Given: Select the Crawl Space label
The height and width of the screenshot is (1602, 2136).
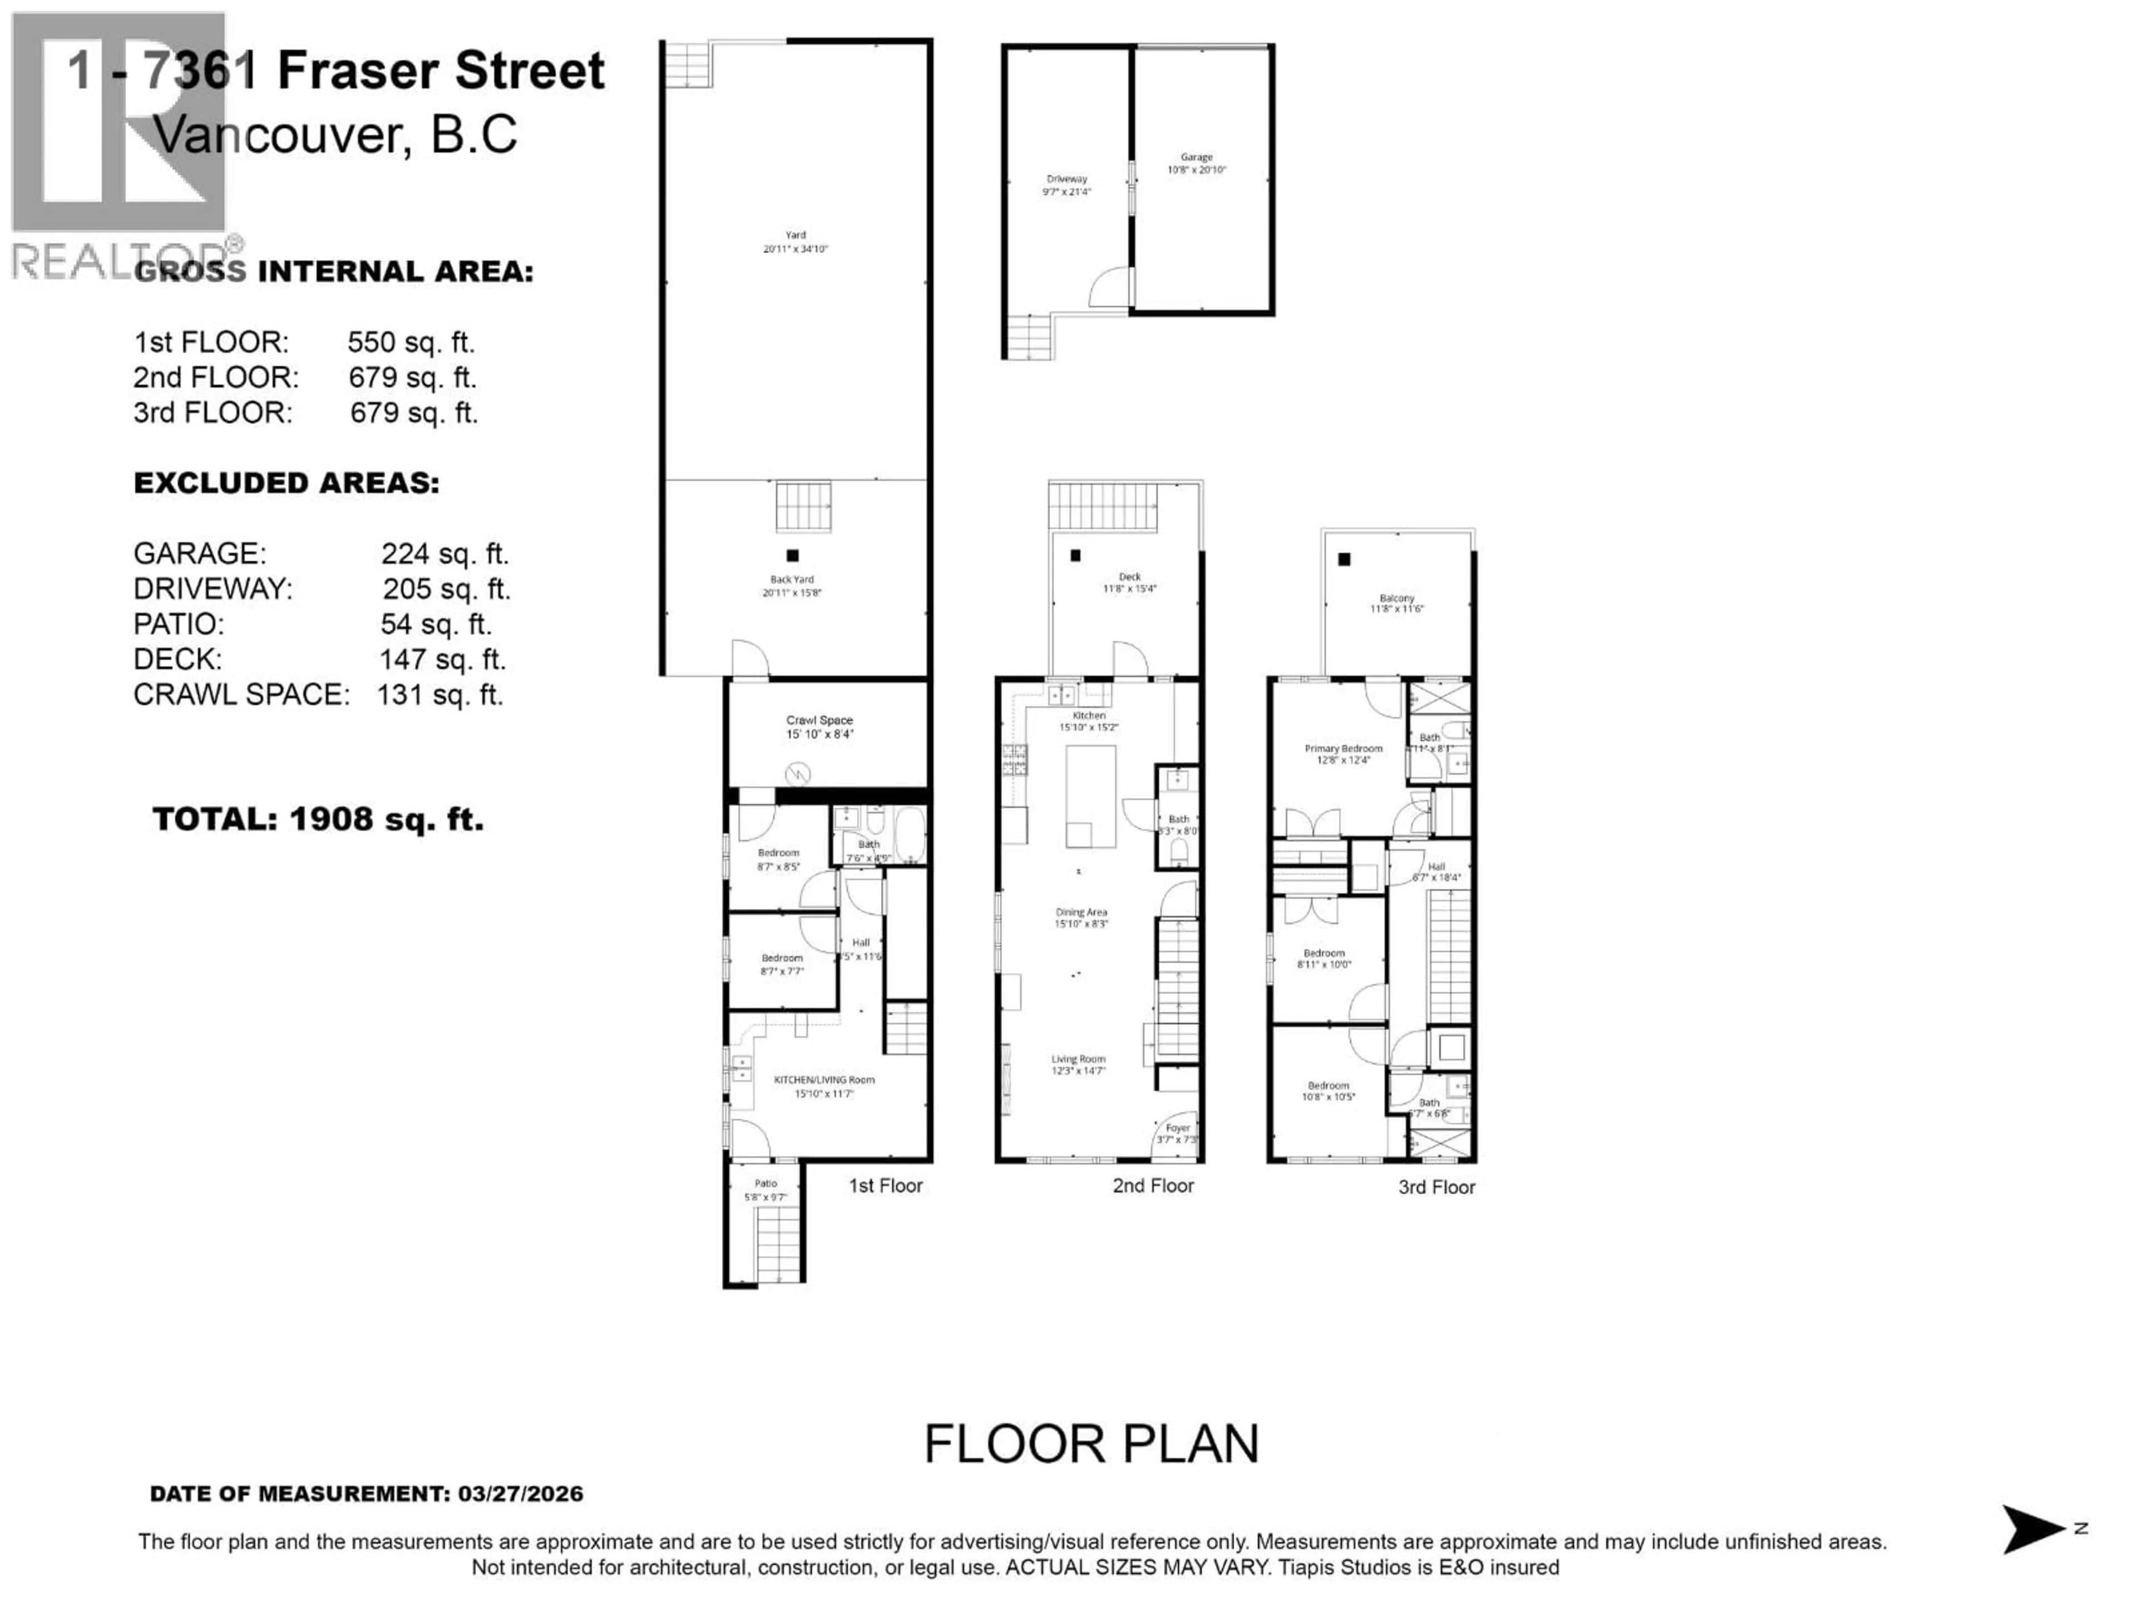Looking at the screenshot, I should [819, 726].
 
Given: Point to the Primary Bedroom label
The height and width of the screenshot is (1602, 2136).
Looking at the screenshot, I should [1343, 753].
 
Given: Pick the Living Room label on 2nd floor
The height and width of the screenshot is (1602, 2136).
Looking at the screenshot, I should [1079, 1064].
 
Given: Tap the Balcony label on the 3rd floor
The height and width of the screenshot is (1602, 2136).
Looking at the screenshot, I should [1396, 602].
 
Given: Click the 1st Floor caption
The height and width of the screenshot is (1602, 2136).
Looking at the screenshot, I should [886, 1186].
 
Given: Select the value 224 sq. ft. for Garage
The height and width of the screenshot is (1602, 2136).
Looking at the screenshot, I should [444, 553].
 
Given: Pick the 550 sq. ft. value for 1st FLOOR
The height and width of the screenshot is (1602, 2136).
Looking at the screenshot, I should [411, 342].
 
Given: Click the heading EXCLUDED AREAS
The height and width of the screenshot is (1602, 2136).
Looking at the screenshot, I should [286, 483].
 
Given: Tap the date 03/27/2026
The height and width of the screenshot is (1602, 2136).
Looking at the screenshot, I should [521, 1494].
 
